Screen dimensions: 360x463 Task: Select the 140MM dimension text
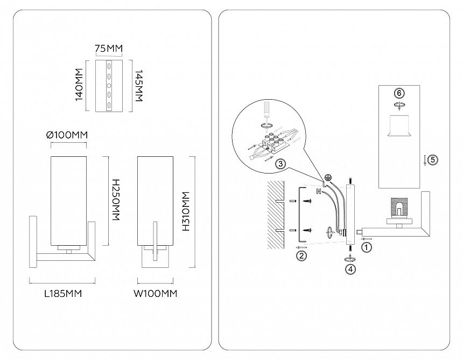pyautogui.click(x=79, y=85)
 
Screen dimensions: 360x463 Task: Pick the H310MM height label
pyautogui.click(x=186, y=212)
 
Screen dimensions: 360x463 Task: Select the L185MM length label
pyautogui.click(x=62, y=294)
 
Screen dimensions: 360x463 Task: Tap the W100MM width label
pyautogui.click(x=156, y=294)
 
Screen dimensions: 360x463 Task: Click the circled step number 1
pyautogui.click(x=367, y=248)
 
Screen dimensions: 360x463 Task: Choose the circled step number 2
pyautogui.click(x=302, y=255)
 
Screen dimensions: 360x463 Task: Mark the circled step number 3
pyautogui.click(x=280, y=164)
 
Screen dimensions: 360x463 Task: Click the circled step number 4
pyautogui.click(x=351, y=268)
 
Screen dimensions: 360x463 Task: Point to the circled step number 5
pyautogui.click(x=434, y=160)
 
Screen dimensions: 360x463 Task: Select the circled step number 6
pyautogui.click(x=399, y=93)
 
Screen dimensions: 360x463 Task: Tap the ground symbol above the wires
pyautogui.click(x=326, y=177)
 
